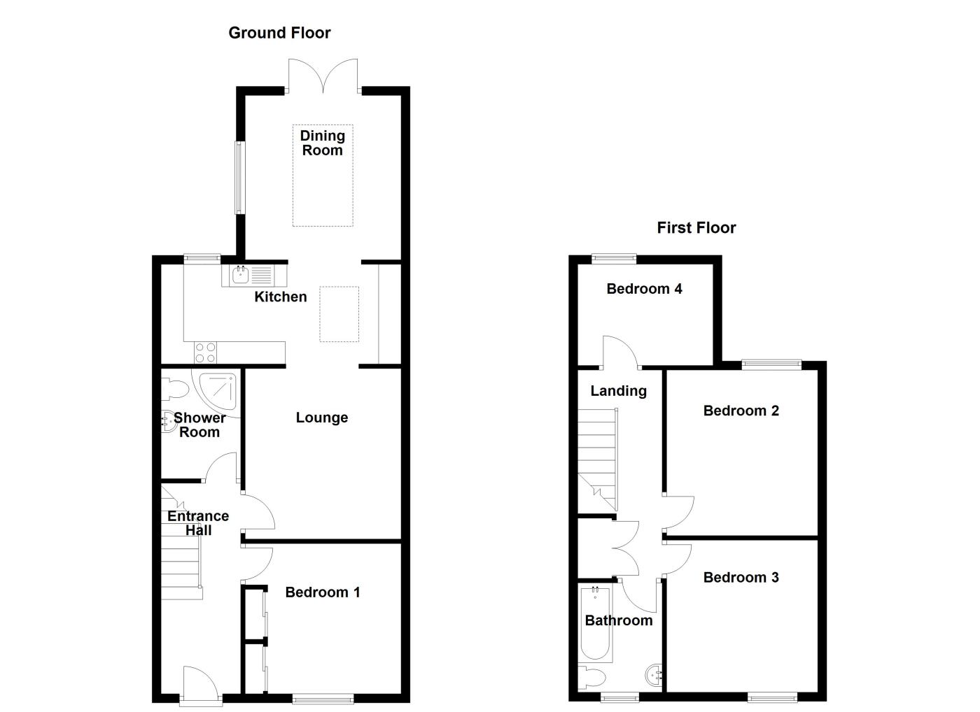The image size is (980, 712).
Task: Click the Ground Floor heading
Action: (x=279, y=33)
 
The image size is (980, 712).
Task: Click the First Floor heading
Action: (x=696, y=228)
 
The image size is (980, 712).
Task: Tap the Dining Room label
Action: (x=322, y=143)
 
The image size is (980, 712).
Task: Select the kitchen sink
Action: (x=241, y=274)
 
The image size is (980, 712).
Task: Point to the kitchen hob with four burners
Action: (x=205, y=353)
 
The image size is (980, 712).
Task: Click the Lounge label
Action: (x=321, y=418)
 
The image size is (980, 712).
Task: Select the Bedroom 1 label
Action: (x=323, y=593)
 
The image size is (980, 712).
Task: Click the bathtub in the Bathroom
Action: (x=596, y=624)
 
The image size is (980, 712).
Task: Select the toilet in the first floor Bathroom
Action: (x=592, y=677)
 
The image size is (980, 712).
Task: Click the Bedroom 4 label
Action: (x=644, y=289)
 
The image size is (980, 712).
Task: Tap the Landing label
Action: (x=618, y=391)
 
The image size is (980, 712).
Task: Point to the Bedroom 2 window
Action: (x=771, y=363)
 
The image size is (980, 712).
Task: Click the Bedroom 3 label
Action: (x=741, y=578)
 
